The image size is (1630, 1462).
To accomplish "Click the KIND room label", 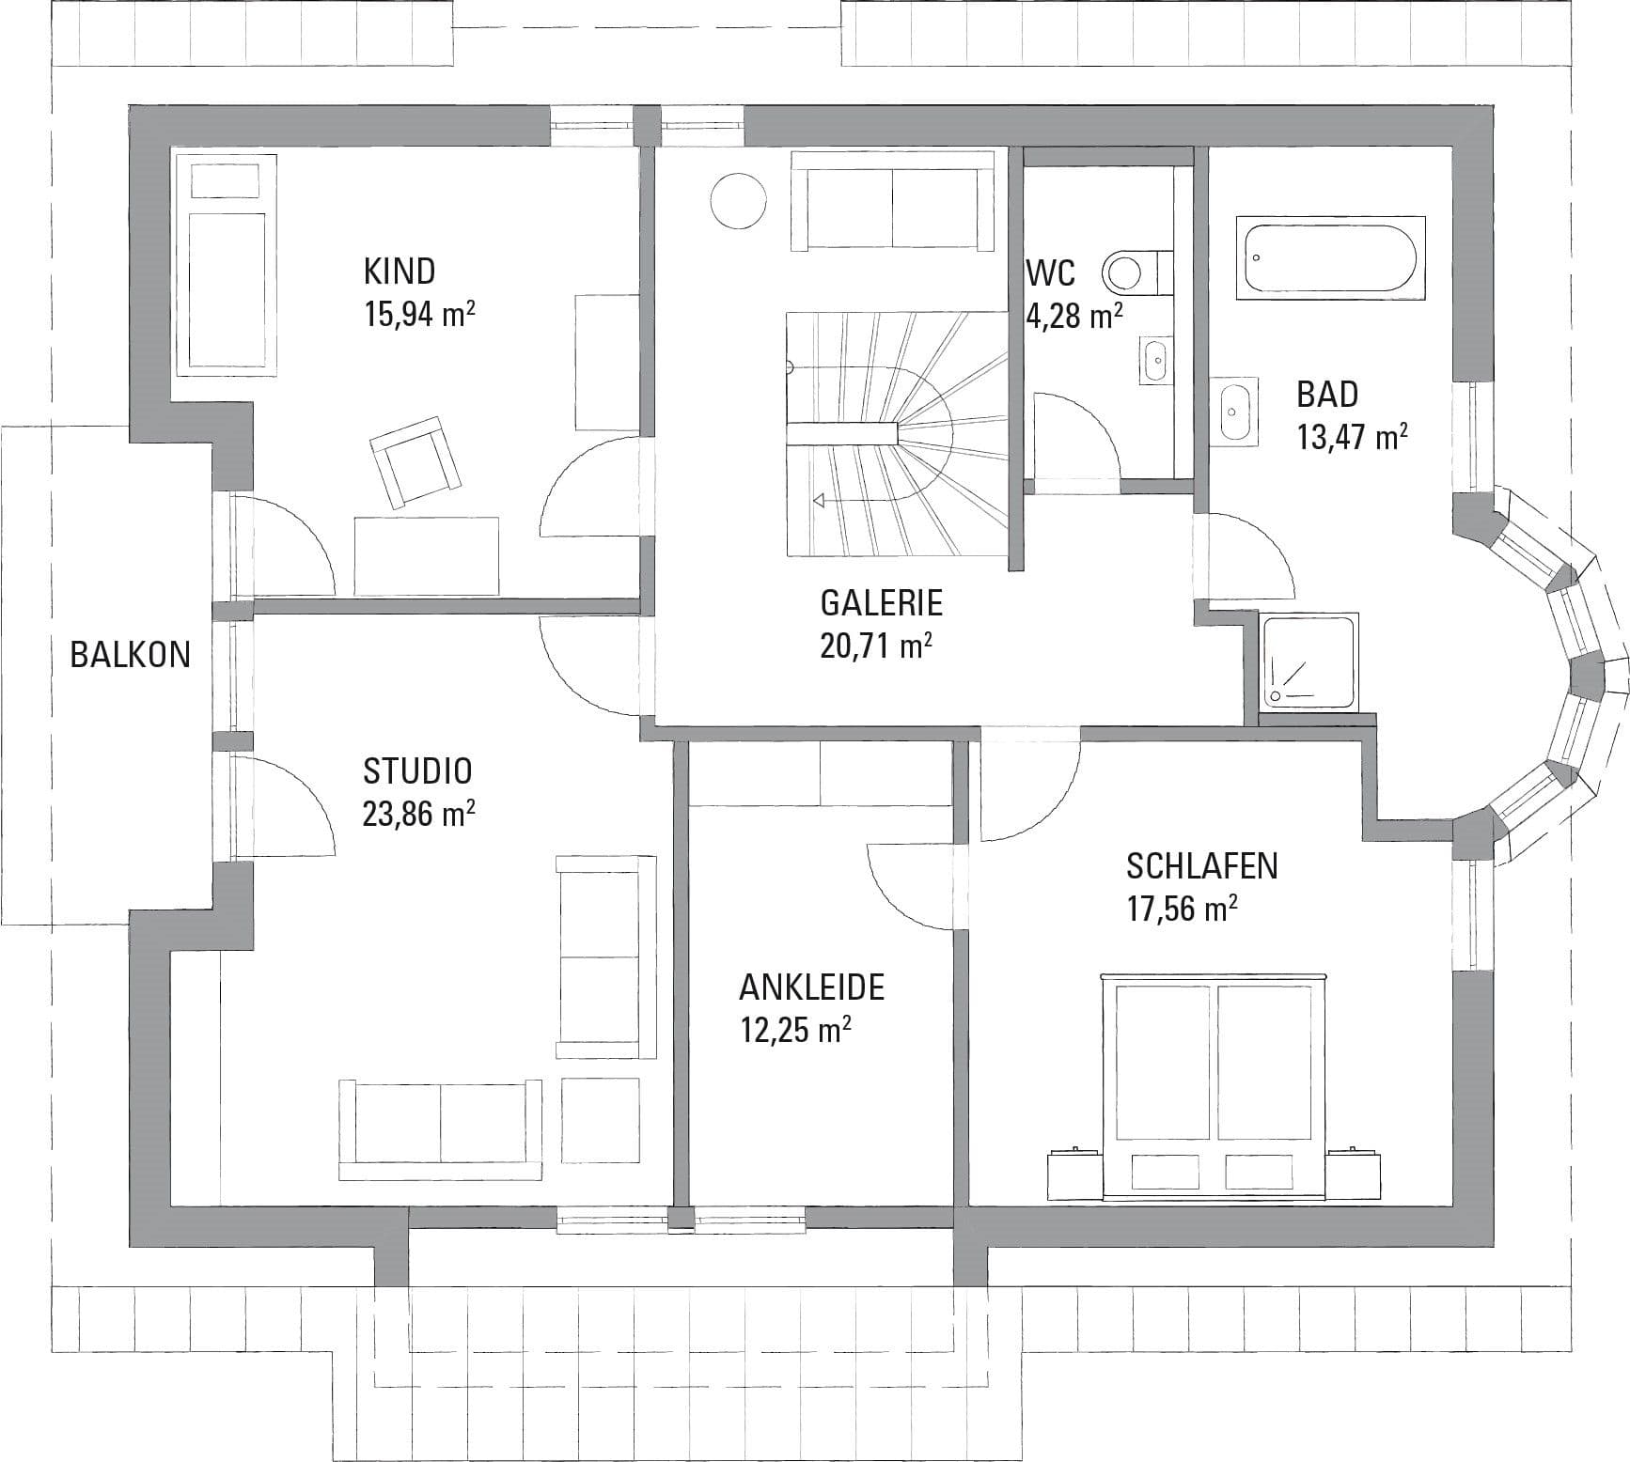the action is click(400, 271).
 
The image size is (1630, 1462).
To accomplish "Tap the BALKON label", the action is click(131, 654).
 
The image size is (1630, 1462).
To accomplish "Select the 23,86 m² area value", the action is click(419, 813).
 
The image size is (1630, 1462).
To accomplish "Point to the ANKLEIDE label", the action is click(812, 988).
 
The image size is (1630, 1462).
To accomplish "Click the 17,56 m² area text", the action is click(1182, 909).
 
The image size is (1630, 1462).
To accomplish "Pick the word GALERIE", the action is click(882, 602).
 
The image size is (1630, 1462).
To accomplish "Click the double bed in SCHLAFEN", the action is click(1215, 1087).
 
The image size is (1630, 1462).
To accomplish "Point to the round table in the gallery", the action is click(738, 199).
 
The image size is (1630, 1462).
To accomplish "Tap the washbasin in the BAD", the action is click(1234, 409).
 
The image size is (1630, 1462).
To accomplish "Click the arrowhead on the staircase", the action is click(819, 501).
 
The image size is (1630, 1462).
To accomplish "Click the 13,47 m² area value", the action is click(1353, 437).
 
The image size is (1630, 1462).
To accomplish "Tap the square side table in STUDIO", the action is click(601, 1119).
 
